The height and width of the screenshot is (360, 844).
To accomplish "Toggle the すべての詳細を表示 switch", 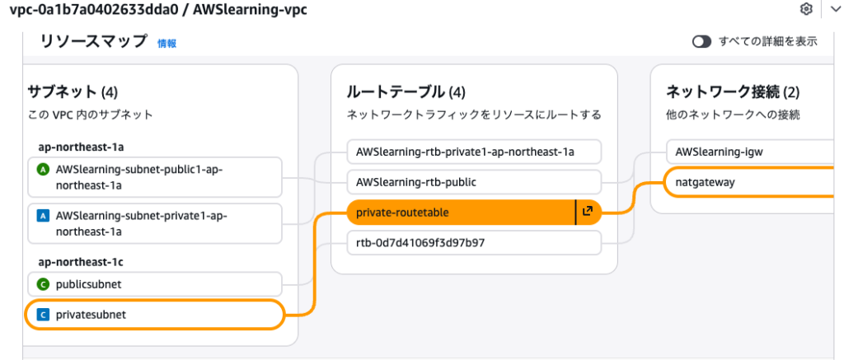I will pos(701,42).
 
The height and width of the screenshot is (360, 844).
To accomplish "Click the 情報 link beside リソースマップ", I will pos(166,44).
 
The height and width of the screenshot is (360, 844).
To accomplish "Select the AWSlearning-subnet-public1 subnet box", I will pos(155,175).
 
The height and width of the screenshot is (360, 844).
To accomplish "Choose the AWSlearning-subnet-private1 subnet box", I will pos(155,223).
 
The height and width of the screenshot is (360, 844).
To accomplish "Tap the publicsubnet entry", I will pos(155,284).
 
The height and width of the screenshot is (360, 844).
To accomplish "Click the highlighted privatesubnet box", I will pos(155,315).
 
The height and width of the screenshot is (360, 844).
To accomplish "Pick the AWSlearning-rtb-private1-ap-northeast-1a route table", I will pos(474,152).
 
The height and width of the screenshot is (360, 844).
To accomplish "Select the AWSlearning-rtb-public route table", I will pos(474,182).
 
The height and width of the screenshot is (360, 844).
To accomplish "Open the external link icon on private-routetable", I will pos(588,213).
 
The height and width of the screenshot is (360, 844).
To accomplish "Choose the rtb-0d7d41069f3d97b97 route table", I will pos(474,243).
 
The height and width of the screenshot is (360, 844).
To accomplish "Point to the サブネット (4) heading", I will pos(74,91).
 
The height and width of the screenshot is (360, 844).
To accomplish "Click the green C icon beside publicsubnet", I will pos(44,284).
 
